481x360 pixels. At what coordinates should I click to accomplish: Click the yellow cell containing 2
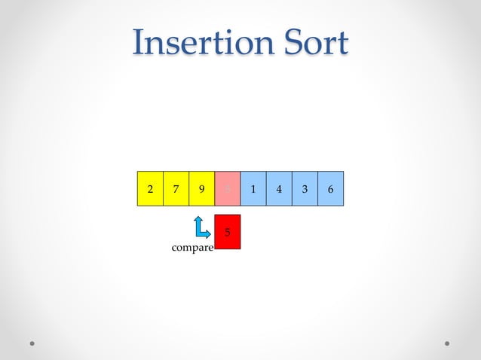(x=150, y=189)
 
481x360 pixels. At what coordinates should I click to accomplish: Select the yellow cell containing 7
(x=176, y=189)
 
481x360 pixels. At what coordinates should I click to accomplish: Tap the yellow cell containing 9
(x=201, y=189)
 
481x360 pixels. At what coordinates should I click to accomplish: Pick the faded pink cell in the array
(x=228, y=189)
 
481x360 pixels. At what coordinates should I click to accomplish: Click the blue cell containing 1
(x=253, y=189)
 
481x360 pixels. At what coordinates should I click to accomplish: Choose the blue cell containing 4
(x=279, y=189)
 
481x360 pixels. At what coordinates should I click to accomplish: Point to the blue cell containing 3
(x=305, y=189)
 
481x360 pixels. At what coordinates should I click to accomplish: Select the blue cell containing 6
(x=330, y=189)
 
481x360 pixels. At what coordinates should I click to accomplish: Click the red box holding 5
(x=228, y=232)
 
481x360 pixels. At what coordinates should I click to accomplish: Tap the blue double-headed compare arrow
(x=201, y=227)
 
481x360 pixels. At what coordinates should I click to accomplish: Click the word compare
(x=192, y=248)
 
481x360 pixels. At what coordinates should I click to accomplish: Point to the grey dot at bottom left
(x=32, y=343)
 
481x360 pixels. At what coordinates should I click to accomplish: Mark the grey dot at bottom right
(x=447, y=343)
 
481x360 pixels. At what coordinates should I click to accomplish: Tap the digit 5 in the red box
(x=228, y=232)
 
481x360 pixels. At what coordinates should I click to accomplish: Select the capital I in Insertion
(x=138, y=43)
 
